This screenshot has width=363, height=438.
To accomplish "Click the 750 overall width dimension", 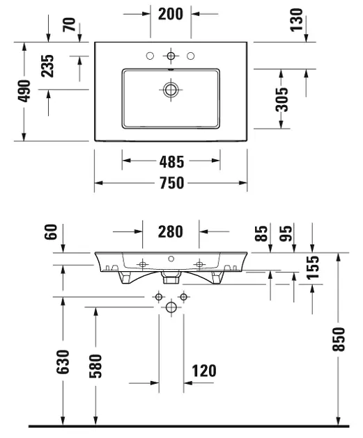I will tap(171, 184).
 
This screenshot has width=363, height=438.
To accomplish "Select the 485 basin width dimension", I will tap(171, 162).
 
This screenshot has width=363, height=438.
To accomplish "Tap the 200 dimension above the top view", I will tap(171, 13).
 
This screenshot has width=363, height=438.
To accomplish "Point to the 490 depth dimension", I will tap(25, 90).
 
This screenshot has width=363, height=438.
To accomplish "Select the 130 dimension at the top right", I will tap(298, 21).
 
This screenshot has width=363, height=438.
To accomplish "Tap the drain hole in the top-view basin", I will tap(171, 89).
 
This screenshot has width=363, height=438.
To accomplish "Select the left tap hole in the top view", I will tap(150, 56).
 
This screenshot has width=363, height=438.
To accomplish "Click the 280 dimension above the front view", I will tap(171, 231).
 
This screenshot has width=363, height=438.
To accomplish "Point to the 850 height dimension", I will tap(339, 339).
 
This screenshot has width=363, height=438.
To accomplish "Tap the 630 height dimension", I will tap(63, 362).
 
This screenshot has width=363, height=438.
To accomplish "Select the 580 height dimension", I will tap(95, 366).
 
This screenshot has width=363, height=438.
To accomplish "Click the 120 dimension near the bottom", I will tap(204, 371).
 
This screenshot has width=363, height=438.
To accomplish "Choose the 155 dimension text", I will tap(314, 267).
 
